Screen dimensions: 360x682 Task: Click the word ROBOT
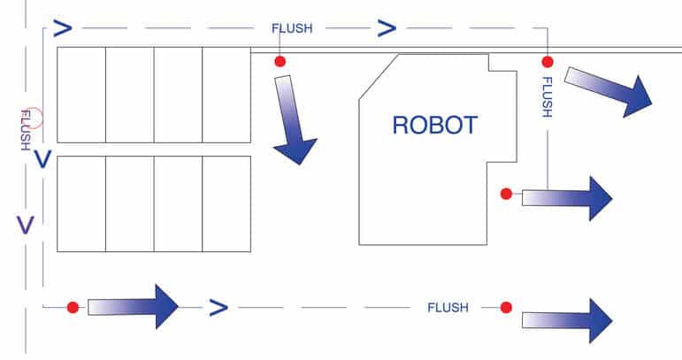(434, 125)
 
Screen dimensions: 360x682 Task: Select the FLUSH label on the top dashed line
(292, 28)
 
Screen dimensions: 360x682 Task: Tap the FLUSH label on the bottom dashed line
(448, 308)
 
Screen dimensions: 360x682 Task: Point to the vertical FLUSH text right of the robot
(547, 97)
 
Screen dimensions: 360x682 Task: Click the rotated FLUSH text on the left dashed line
(25, 129)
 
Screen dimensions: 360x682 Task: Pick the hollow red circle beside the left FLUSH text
(32, 118)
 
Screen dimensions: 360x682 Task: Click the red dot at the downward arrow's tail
(280, 62)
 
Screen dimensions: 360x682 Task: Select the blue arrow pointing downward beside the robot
(292, 119)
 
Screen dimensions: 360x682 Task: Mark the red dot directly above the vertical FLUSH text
(548, 62)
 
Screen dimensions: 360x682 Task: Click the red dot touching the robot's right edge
(506, 194)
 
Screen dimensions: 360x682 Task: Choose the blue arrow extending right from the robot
(566, 197)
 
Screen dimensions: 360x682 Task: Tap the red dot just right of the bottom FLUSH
(506, 308)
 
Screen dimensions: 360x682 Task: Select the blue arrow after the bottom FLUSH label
(566, 319)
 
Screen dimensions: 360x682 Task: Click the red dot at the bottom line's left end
(73, 308)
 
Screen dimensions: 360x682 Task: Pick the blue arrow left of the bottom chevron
(133, 306)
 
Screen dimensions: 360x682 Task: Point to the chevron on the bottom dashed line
(218, 308)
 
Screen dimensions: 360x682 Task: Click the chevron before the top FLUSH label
(62, 28)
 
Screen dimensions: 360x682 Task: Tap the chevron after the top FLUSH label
(387, 28)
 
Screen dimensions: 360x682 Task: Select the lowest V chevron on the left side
(26, 225)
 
